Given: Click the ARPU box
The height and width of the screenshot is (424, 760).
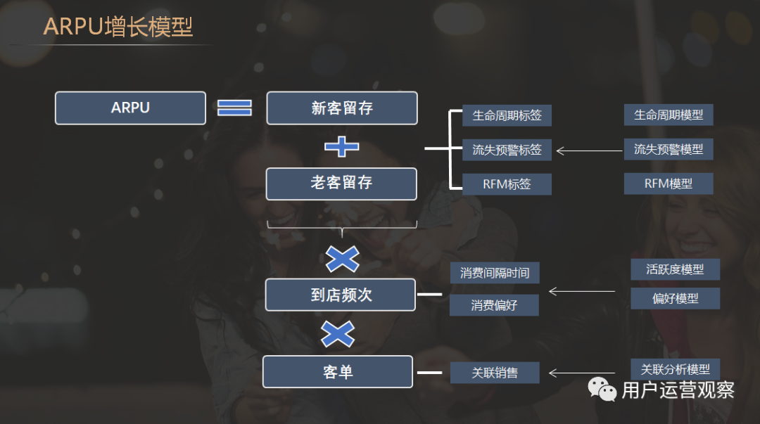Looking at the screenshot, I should (130, 108).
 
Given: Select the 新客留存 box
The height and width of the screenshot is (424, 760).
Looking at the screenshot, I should (342, 108).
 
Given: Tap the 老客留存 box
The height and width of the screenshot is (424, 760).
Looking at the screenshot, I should (341, 184).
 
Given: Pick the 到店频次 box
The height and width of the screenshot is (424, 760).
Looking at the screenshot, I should (341, 295).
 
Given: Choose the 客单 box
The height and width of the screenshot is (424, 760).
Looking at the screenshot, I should (338, 372).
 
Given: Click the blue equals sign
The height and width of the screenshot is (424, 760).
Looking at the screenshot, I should (234, 108).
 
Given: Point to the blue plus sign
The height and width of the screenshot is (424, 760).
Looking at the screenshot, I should (342, 147).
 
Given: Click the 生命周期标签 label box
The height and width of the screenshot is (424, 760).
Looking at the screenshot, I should (507, 115).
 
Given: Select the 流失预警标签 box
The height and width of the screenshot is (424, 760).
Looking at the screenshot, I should (507, 150).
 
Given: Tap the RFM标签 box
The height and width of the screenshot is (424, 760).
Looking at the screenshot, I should (507, 184).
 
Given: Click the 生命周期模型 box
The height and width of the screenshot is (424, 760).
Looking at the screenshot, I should (669, 115).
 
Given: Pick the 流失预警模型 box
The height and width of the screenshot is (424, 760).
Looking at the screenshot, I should (669, 149).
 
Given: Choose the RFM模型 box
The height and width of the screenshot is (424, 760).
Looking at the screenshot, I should (669, 184).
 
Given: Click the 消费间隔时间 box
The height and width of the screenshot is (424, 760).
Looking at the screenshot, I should (495, 273).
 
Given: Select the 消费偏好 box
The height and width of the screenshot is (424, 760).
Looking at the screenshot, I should (494, 305).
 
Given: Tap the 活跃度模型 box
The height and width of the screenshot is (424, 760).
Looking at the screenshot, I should (675, 269).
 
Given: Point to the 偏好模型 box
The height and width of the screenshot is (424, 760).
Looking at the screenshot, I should (675, 298).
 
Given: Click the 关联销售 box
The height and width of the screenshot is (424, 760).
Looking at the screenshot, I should (495, 373).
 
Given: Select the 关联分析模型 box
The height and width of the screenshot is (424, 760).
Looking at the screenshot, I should (675, 369).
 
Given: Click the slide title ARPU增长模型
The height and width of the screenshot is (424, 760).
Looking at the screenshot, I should (118, 27).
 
